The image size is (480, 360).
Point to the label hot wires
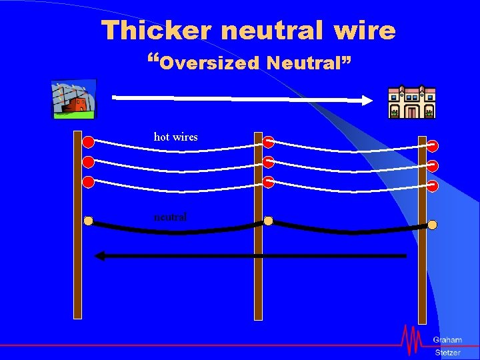[175, 137]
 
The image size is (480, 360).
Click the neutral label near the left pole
[170, 217]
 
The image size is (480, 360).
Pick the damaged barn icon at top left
[74, 99]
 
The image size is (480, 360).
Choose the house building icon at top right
[412, 102]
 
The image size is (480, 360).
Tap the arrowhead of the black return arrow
[100, 255]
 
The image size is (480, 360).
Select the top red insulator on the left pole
[88, 141]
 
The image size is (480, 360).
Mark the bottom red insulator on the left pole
[88, 182]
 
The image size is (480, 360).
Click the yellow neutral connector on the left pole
[88, 221]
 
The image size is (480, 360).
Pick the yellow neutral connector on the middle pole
[268, 221]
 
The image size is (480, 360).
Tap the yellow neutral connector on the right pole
[432, 225]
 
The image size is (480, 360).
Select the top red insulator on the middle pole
[267, 141]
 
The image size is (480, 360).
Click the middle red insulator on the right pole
[432, 165]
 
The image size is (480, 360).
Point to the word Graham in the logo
[447, 340]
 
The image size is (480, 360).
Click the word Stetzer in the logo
[447, 352]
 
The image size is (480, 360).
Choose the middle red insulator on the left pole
[88, 161]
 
